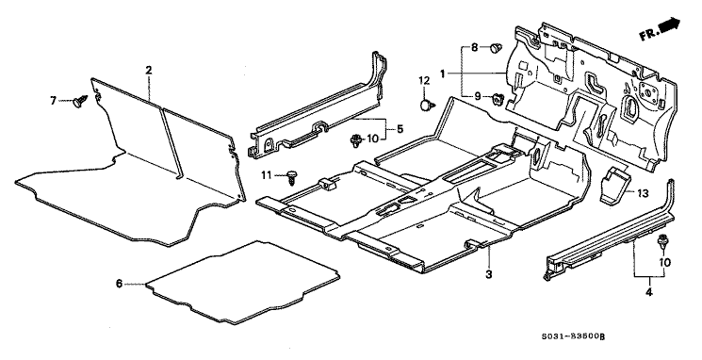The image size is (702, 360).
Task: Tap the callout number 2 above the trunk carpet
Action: pos(149,71)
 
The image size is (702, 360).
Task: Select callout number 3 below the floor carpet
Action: pos(488,274)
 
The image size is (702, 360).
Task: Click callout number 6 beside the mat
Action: pos(119,283)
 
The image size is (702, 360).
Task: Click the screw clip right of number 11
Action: pos(291,175)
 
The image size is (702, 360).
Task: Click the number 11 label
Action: pos(268,174)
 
